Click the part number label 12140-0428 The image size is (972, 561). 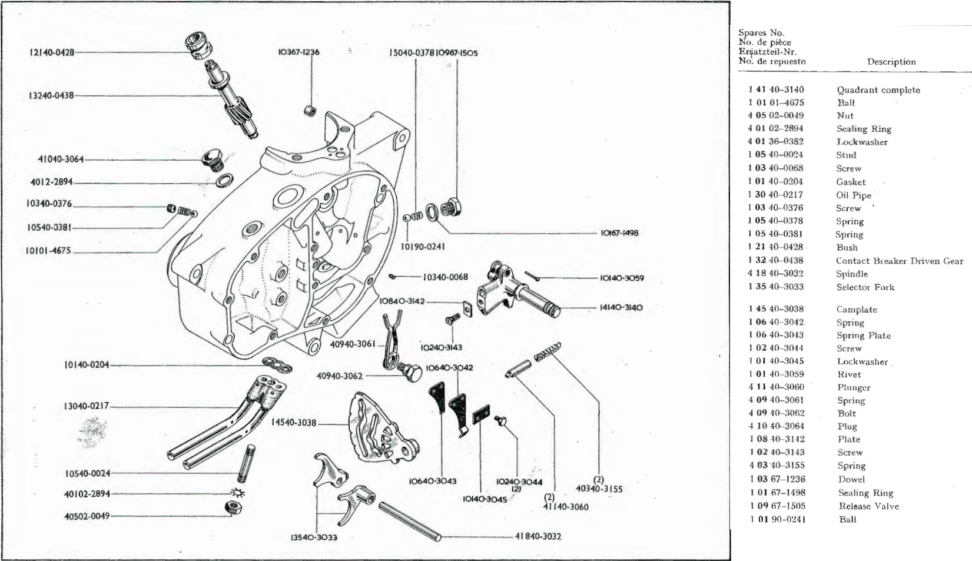(x=52, y=52)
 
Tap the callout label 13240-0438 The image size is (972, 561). (x=51, y=95)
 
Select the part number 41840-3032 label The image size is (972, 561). (x=538, y=536)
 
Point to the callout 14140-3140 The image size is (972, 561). (x=621, y=307)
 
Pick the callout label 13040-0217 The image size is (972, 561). (x=86, y=406)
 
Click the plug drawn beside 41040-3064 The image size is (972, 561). (x=211, y=159)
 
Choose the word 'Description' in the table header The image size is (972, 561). (x=891, y=62)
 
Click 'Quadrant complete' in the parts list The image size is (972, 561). (x=878, y=90)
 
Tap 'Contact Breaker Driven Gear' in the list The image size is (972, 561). (x=899, y=261)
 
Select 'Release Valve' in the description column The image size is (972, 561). (x=868, y=506)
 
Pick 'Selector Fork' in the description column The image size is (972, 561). (x=865, y=287)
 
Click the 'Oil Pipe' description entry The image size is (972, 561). (x=853, y=195)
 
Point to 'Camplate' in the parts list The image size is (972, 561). (x=856, y=310)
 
